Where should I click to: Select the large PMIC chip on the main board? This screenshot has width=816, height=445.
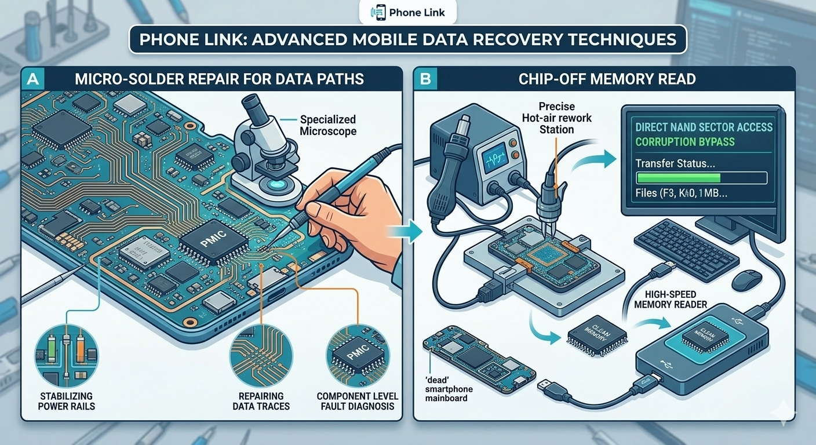pos(207,244)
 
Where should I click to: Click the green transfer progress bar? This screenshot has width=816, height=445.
pos(677,178)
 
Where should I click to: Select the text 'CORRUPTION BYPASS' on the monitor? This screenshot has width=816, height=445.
pos(684,142)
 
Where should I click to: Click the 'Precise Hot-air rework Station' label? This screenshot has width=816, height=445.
pos(556,118)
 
